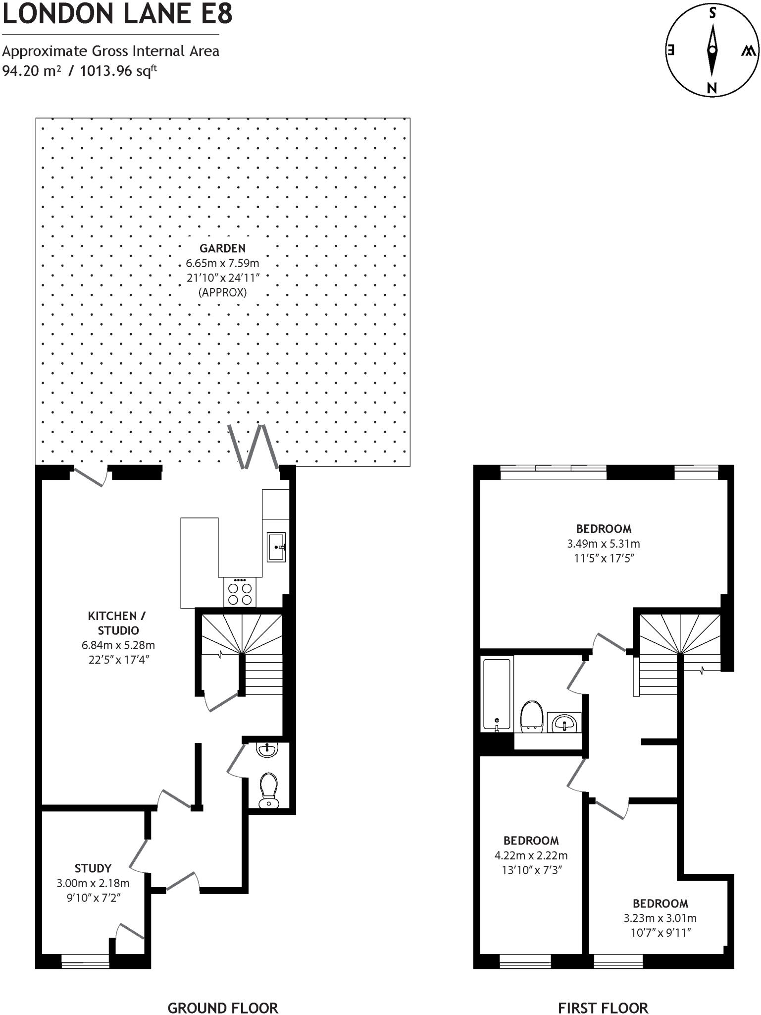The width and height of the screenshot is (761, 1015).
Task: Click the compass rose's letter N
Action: [712, 89]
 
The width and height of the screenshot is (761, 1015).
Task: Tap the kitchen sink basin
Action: [276, 547]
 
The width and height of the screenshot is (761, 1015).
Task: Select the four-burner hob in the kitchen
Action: [240, 593]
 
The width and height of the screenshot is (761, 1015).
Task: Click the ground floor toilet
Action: [269, 790]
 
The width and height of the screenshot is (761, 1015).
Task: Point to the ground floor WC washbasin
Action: [267, 749]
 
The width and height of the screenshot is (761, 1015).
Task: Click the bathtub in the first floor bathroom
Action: [497, 694]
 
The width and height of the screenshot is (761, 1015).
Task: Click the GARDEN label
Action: [222, 248]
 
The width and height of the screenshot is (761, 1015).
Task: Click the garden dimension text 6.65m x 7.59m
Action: [222, 263]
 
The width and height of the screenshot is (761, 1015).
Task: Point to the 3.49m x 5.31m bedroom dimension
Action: [603, 544]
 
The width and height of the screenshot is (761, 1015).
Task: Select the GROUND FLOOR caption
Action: [223, 994]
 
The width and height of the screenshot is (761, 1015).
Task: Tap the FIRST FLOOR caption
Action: [603, 994]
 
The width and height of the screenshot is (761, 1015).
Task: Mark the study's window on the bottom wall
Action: [85, 961]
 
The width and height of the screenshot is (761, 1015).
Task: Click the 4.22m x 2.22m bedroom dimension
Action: [531, 855]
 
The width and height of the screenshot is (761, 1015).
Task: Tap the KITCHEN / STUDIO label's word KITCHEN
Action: [112, 616]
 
